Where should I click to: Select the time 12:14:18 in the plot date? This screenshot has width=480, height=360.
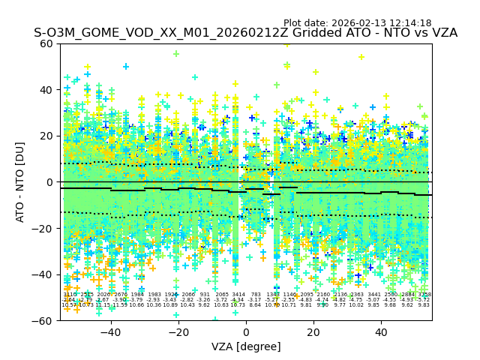click(409, 23)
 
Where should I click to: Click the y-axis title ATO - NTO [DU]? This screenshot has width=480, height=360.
click(21, 182)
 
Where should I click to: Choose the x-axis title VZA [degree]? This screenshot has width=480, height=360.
click(246, 346)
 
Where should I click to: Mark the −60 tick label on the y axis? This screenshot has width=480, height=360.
click(44, 321)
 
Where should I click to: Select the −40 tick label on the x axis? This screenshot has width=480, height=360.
click(110, 332)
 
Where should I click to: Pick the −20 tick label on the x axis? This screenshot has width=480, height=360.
click(178, 332)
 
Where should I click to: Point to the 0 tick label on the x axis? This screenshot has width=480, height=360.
click(246, 332)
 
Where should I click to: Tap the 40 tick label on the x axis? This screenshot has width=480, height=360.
click(381, 332)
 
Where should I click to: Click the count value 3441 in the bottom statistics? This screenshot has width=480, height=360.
click(373, 295)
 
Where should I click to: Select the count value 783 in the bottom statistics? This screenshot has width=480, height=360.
click(256, 295)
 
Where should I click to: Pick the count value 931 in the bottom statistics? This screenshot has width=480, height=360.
click(205, 295)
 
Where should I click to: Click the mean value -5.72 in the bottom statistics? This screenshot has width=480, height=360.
click(424, 300)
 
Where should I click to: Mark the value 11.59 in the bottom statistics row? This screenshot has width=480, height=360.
click(120, 305)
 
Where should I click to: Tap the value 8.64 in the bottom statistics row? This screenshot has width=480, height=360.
click(256, 305)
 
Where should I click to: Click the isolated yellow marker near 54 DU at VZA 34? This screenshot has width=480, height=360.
click(361, 57)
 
